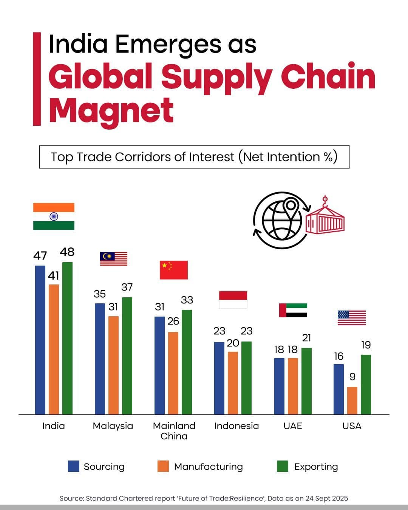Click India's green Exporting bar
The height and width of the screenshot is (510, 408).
[67, 338]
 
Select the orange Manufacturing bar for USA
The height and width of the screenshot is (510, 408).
[352, 400]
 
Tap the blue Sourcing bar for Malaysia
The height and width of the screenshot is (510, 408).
[100, 359]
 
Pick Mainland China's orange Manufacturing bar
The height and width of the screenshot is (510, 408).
[173, 373]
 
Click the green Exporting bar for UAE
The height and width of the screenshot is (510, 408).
[306, 381]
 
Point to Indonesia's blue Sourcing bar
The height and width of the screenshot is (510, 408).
[219, 378]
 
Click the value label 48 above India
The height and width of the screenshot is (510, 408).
[67, 252]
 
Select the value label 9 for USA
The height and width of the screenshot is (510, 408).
[352, 377]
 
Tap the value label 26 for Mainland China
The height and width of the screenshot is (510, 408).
[173, 321]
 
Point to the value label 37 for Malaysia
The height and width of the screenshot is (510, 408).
[127, 287]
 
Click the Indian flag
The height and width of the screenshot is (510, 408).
[54, 216]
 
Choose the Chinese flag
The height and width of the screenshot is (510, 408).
[173, 270]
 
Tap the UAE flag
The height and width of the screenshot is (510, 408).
[293, 310]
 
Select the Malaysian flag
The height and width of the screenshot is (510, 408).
[113, 259]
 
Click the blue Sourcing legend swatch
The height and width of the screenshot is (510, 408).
[74, 466]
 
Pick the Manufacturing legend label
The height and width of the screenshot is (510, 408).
[208, 467]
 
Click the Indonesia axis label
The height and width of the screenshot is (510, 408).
[236, 426]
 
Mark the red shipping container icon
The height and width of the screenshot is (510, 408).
[325, 221]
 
